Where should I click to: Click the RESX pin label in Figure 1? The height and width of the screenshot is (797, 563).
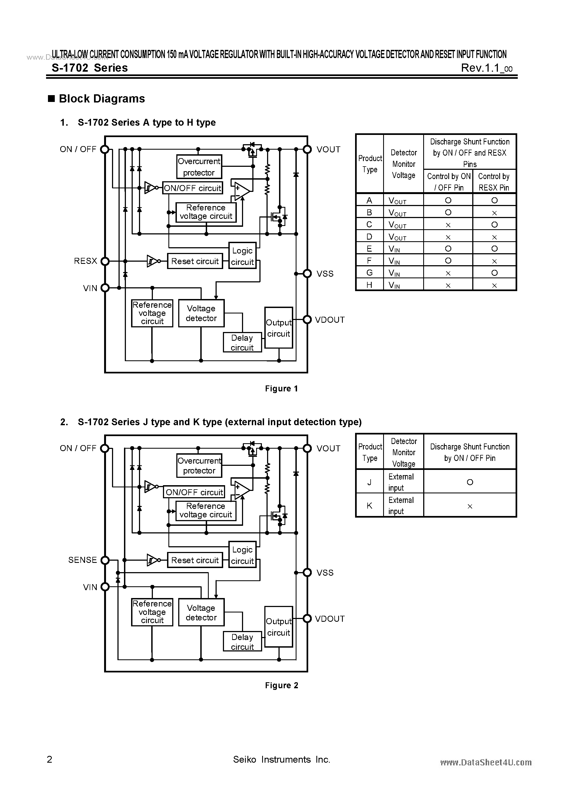tap(85, 261)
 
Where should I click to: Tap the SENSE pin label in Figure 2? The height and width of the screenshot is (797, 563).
tap(83, 560)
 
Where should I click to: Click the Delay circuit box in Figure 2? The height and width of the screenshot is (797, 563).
tap(242, 641)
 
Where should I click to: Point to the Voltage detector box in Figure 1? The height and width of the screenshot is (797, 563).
tap(201, 313)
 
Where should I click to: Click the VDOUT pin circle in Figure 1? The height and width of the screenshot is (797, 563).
tap(307, 319)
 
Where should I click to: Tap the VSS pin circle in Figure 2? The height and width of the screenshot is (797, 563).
tap(307, 572)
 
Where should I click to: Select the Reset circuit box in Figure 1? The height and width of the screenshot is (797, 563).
tap(195, 261)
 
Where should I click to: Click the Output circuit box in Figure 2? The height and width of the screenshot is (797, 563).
tap(279, 627)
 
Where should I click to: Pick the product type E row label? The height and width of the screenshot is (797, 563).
tap(369, 249)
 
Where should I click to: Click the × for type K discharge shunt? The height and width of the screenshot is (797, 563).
tap(470, 506)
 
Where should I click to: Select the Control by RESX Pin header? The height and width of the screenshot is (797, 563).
tap(494, 182)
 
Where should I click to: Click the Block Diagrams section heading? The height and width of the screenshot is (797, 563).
tap(102, 99)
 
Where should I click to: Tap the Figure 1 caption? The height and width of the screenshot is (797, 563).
tap(281, 388)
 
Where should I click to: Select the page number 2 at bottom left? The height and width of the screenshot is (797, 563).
tap(50, 759)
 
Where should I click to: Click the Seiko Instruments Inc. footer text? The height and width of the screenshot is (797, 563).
tap(282, 759)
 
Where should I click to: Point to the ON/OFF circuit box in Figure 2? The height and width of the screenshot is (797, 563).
tap(194, 492)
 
